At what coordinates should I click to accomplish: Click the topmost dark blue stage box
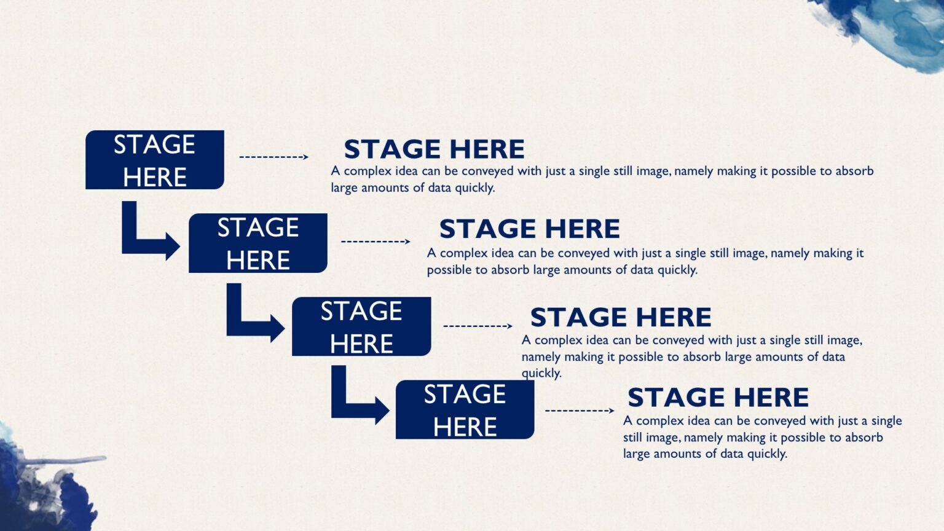(x=155, y=160)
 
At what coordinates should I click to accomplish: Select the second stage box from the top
(x=258, y=243)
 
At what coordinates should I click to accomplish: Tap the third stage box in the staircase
(x=361, y=326)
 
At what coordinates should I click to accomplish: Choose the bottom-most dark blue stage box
(x=465, y=410)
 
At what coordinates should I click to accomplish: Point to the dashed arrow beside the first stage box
(x=274, y=157)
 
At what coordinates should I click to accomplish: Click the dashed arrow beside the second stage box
(x=376, y=242)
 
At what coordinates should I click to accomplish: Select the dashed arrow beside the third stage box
(x=478, y=326)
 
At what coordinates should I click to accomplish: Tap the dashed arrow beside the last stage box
(x=580, y=411)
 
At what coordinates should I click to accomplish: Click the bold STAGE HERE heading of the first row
(x=435, y=149)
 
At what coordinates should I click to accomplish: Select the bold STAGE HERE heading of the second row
(x=530, y=229)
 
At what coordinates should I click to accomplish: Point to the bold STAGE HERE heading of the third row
(x=621, y=317)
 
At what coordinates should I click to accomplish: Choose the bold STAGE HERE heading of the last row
(x=718, y=398)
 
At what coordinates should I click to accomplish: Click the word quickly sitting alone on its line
(x=541, y=374)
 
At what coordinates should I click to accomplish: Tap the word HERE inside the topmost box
(x=155, y=177)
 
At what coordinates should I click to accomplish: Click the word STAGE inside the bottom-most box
(x=465, y=395)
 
